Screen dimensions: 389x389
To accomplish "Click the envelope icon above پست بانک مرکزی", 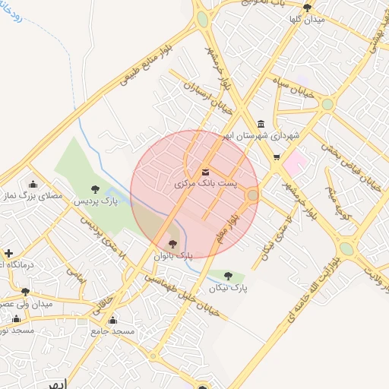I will click(x=207, y=171).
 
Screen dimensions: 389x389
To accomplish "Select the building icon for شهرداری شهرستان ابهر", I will click(x=261, y=124).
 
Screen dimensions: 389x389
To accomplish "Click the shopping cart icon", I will click(x=277, y=158).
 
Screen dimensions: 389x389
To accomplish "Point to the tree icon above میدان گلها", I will click(x=307, y=8).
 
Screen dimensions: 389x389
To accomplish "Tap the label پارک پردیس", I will click(x=96, y=202).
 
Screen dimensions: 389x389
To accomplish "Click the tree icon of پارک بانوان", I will click(x=172, y=244).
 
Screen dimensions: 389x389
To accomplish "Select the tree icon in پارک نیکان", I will click(x=228, y=275).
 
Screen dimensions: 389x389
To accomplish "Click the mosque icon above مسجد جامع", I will click(x=113, y=320).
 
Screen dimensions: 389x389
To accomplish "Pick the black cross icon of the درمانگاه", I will click(x=8, y=253).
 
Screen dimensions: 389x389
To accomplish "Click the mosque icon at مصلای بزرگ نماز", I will click(x=33, y=184).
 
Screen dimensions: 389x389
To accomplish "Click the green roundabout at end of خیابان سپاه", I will click(x=327, y=104).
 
